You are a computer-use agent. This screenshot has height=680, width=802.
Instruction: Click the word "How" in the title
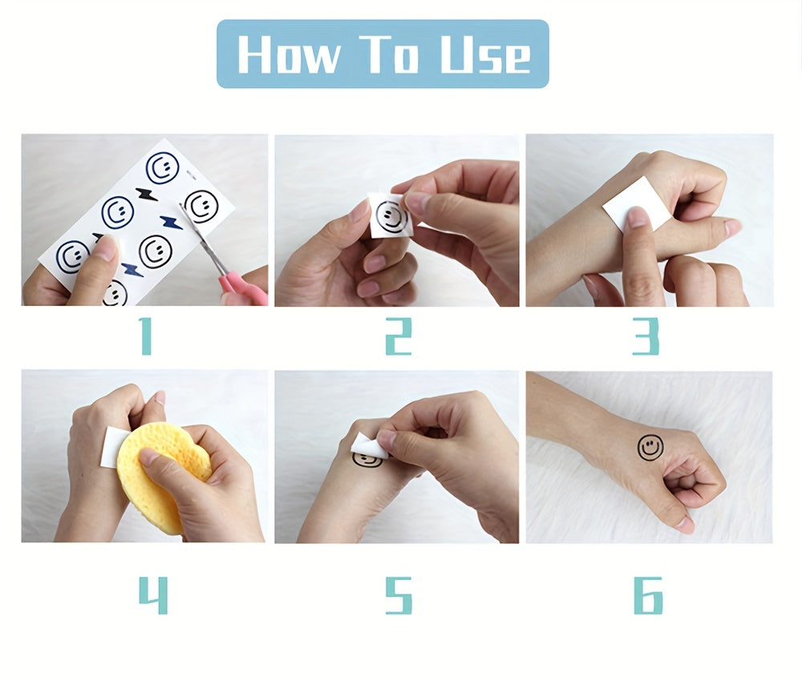tap(288, 54)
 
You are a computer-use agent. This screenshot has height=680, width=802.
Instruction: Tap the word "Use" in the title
tap(485, 54)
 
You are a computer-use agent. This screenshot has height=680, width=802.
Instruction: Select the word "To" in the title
tap(388, 54)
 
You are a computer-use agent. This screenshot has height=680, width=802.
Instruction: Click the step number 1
tap(146, 336)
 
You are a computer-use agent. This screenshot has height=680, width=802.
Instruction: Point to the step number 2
tap(399, 336)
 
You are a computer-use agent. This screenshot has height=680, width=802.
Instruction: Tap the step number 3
tap(646, 336)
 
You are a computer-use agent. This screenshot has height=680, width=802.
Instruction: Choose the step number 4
tap(153, 595)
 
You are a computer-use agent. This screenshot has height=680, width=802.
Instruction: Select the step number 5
tap(399, 595)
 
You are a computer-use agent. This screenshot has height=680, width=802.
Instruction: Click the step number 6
tap(648, 595)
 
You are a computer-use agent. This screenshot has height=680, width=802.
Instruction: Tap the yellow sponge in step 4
tap(162, 475)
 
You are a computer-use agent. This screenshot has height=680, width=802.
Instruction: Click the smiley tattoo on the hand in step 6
tap(650, 448)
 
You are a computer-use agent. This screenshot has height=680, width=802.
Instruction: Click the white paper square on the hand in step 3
tap(637, 203)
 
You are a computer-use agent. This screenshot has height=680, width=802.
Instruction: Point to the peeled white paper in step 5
tap(368, 445)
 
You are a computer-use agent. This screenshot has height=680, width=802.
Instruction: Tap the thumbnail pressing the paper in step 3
tap(638, 217)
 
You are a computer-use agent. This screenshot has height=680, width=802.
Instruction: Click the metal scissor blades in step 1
tap(205, 239)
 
